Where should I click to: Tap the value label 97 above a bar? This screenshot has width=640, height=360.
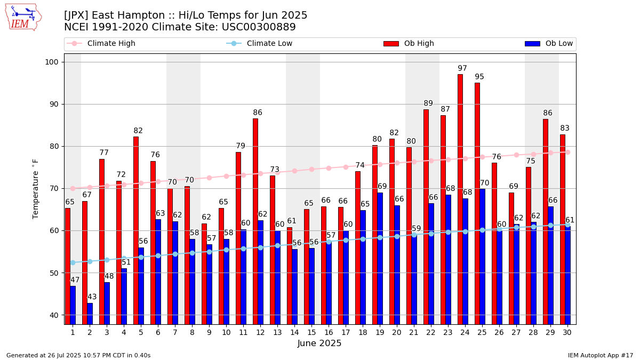click(462, 69)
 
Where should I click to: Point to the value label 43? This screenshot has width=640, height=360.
click(92, 297)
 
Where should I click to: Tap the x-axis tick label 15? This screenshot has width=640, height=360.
click(311, 332)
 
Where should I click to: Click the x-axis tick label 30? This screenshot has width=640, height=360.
click(567, 332)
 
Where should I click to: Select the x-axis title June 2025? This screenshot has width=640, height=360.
click(319, 343)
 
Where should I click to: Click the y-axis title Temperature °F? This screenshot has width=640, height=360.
click(36, 188)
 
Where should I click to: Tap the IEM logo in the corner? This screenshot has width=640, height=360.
click(23, 17)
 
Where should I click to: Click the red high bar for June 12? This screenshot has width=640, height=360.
click(255, 221)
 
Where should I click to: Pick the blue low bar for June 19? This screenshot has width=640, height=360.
click(380, 258)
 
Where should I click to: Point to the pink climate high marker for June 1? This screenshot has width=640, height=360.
click(73, 188)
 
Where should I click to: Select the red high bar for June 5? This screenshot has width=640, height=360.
click(136, 230)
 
